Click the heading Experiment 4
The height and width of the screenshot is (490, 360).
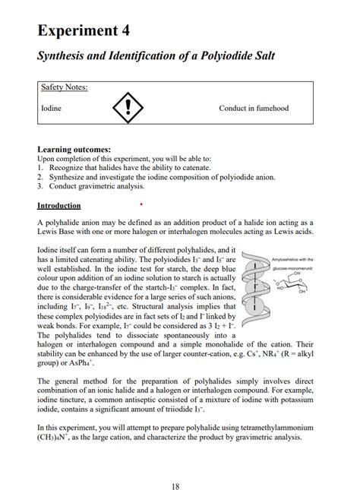[84, 30]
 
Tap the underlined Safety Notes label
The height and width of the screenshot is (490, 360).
[64, 87]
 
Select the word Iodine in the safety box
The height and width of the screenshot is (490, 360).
[51, 109]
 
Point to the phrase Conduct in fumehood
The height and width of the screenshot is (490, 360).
[254, 109]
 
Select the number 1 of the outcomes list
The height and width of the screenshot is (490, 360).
[39, 168]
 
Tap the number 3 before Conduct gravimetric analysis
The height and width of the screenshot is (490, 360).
[39, 186]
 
